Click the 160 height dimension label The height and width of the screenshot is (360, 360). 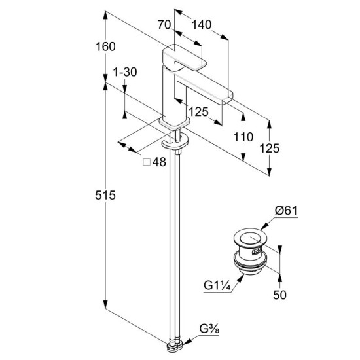[x=105, y=46]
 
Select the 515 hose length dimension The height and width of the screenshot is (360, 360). [x=105, y=196]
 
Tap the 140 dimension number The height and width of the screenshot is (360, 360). [x=202, y=25]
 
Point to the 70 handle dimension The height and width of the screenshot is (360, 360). [x=164, y=25]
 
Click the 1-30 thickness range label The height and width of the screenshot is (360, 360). [x=125, y=72]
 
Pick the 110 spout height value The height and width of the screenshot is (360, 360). [x=243, y=137]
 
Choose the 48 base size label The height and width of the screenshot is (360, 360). [x=159, y=162]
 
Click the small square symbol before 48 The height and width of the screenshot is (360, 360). [x=147, y=162]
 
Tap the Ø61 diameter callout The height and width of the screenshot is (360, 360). [x=286, y=211]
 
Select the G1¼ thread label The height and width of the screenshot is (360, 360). [x=217, y=286]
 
